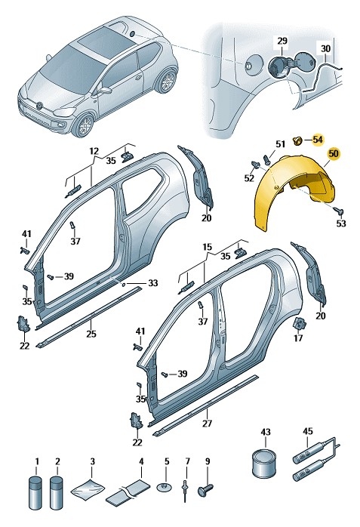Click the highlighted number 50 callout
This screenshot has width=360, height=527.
(334, 154)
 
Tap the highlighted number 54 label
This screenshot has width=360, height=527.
(318, 140)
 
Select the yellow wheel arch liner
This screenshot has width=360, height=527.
(293, 193)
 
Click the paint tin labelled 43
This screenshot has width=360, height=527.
(263, 463)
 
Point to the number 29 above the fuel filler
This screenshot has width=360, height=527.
(282, 41)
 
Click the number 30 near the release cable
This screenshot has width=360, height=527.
(325, 49)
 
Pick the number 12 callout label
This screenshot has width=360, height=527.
(94, 151)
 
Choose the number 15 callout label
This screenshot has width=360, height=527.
(208, 247)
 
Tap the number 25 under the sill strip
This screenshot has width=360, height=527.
(91, 334)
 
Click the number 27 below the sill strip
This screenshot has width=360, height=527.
(207, 423)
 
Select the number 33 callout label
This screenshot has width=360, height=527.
(152, 283)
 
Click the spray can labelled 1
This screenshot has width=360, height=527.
(35, 493)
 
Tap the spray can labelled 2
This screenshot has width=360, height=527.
(56, 493)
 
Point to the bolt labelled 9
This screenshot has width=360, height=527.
(205, 488)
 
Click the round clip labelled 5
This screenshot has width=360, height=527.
(165, 486)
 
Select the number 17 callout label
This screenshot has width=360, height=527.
(298, 337)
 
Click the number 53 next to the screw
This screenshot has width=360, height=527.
(341, 223)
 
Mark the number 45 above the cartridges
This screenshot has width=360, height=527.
(308, 431)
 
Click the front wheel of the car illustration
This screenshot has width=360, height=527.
(85, 125)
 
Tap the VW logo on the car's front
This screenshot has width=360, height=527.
(40, 106)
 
